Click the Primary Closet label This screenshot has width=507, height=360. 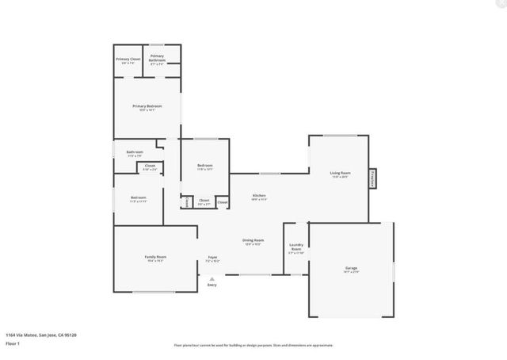[128, 59]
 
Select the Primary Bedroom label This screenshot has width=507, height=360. [147, 106]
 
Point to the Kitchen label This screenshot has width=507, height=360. [259, 196]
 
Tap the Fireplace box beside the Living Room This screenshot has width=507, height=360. [372, 179]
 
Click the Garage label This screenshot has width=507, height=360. [352, 270]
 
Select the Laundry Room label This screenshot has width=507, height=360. [296, 247]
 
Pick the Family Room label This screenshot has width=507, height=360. [155, 258]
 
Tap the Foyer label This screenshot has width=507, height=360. [212, 258]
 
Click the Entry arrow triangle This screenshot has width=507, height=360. [212, 278]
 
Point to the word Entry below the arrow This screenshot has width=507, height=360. [212, 285]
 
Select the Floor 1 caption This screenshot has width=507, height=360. [13, 344]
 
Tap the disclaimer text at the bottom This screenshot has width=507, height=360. [253, 345]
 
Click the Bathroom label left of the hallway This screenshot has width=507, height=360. [135, 152]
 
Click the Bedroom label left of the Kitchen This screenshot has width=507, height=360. [205, 166]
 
